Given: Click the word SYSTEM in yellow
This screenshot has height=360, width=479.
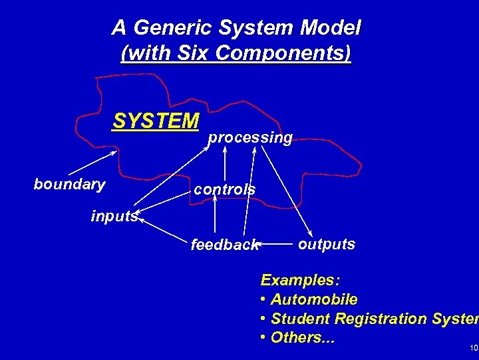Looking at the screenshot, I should [156, 121].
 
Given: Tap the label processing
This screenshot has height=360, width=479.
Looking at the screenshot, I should [250, 137].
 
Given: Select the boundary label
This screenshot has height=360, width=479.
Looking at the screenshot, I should [69, 184].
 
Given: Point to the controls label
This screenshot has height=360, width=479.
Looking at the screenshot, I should [224, 189].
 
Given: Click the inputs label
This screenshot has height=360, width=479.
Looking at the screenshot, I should [114, 216].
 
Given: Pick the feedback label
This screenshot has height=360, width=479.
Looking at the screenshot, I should [224, 245].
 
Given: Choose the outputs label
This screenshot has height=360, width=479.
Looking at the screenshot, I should [326, 244].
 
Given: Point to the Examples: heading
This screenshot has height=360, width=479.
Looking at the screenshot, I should [300, 279].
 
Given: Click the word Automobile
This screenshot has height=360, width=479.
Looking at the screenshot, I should [314, 299].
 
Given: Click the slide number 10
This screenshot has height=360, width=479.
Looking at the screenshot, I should [473, 348].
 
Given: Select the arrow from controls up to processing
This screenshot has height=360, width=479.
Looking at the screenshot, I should [224, 163].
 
